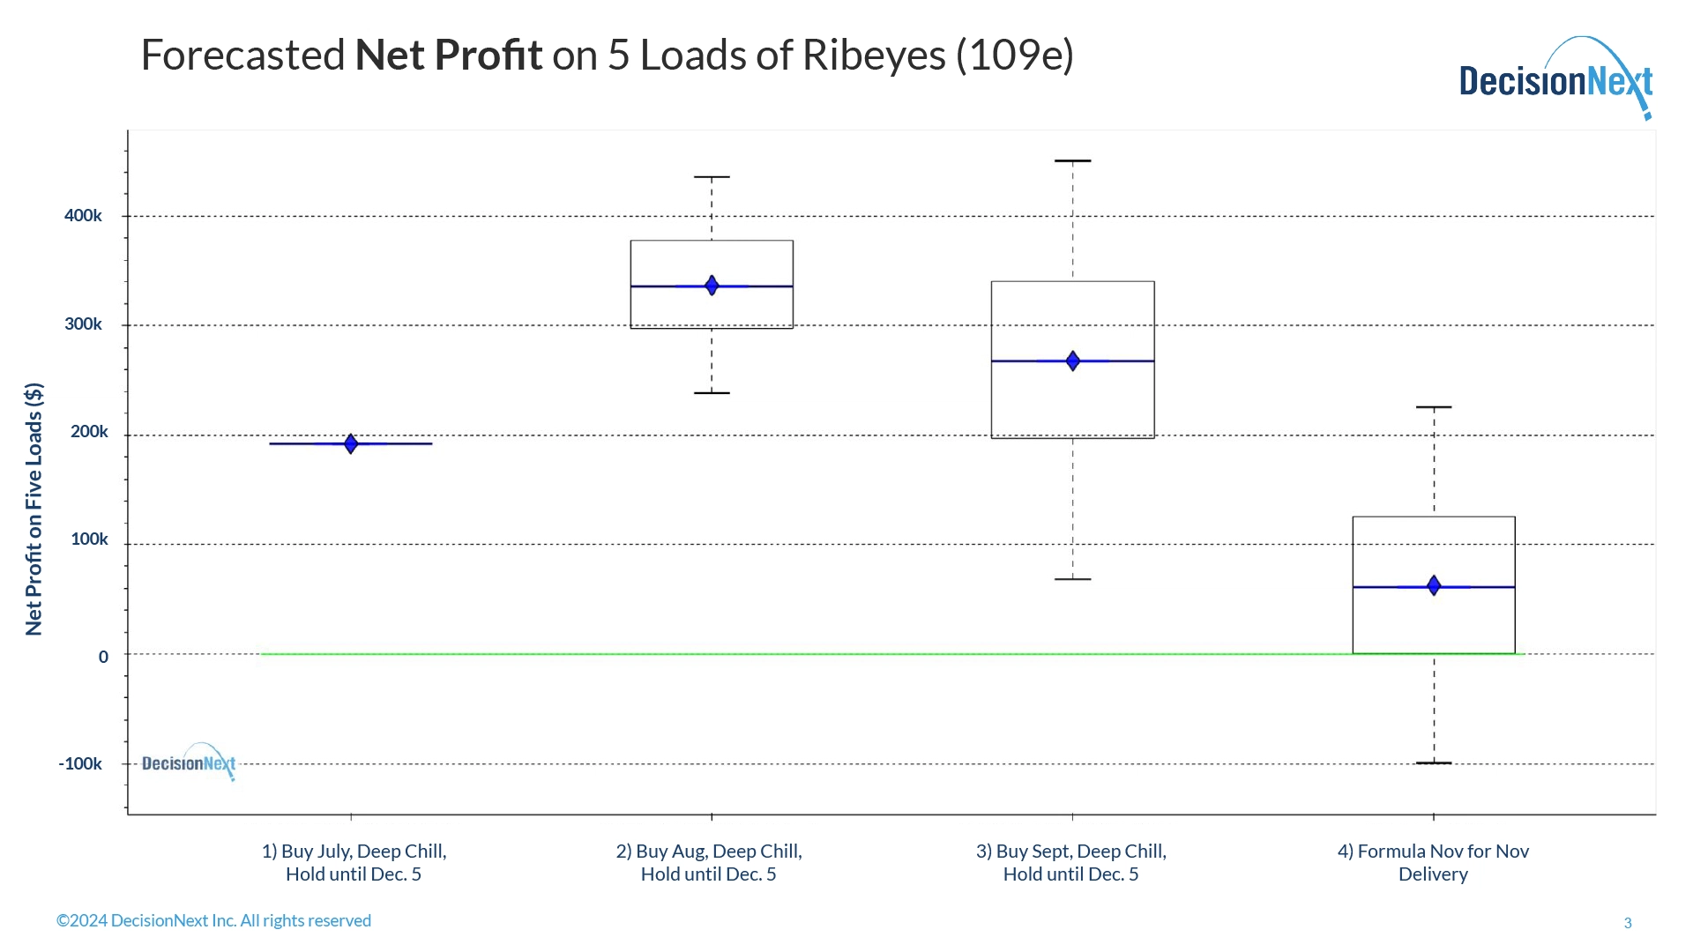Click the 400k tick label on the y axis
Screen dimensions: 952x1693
[x=83, y=216]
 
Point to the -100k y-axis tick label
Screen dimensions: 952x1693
[x=80, y=764]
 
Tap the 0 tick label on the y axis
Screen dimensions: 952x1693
[x=103, y=657]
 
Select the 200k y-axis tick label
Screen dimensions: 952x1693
[x=89, y=432]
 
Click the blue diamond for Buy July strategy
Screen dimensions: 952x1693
[x=351, y=443]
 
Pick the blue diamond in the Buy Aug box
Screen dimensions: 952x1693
[x=712, y=286]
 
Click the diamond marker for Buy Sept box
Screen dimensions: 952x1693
[x=1073, y=361]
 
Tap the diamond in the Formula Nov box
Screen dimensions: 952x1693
[x=1434, y=585]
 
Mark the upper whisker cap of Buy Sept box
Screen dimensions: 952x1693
[x=1073, y=161]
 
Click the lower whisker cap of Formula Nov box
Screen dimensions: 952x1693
[x=1434, y=762]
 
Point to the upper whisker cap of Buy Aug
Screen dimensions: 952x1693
[x=712, y=177]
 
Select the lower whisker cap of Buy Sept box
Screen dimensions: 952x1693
[x=1073, y=579]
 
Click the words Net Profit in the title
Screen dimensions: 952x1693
[x=448, y=56]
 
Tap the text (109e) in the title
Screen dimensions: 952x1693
[x=1014, y=56]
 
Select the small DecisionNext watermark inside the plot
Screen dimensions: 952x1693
[x=189, y=762]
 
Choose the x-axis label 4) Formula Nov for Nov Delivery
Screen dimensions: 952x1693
[x=1433, y=862]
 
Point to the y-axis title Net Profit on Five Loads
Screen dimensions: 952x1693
[x=34, y=509]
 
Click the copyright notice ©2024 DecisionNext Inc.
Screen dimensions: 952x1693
[x=213, y=920]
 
